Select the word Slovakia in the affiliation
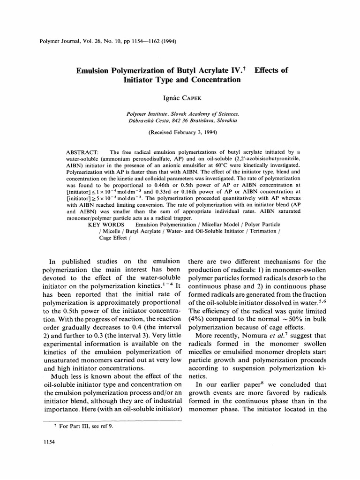pyautogui.click(x=226, y=120)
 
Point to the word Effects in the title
pyautogui.click(x=271, y=70)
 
